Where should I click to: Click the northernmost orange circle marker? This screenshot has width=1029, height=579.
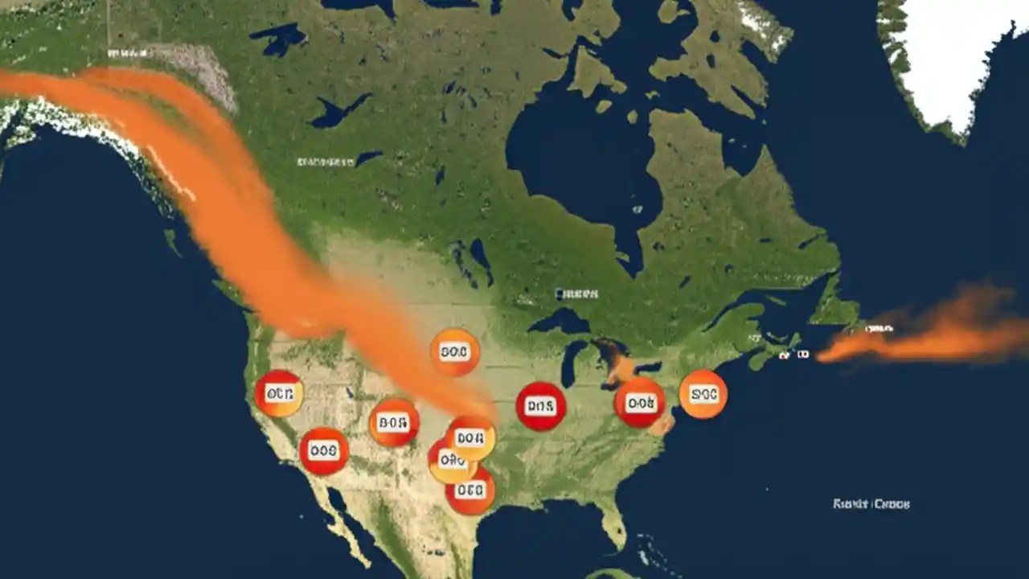(455, 352)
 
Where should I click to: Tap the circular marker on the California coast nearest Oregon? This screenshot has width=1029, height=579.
(279, 394)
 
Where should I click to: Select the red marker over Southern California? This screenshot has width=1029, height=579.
(324, 451)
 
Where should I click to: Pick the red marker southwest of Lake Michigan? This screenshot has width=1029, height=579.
(541, 406)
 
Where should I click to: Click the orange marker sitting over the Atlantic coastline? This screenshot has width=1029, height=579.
(703, 394)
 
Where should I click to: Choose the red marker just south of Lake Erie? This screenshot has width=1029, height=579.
(640, 403)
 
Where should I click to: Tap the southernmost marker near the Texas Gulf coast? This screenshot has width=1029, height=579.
(470, 490)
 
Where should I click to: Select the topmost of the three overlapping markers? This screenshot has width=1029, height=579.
(471, 438)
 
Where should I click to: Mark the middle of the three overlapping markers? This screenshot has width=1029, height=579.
(451, 462)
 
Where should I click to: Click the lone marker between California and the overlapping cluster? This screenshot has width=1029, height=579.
(394, 422)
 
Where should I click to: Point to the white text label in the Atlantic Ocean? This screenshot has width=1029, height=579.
(871, 504)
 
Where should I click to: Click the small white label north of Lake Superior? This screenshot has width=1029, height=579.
(577, 294)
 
